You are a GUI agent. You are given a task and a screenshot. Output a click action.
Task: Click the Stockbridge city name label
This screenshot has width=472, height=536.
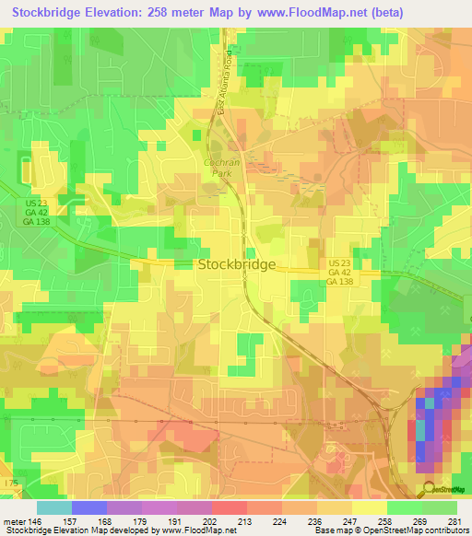pyautogui.click(x=236, y=264)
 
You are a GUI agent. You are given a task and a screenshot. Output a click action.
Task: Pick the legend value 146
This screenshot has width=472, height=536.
pyautogui.click(x=36, y=520)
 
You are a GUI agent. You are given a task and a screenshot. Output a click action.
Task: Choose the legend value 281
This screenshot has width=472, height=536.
pyautogui.click(x=456, y=520)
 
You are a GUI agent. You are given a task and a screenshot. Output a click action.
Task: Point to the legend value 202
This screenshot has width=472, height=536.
pyautogui.click(x=210, y=520)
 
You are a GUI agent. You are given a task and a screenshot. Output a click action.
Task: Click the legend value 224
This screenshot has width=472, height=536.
pyautogui.click(x=280, y=520)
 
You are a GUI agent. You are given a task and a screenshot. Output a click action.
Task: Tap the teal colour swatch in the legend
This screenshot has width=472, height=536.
pyautogui.click(x=53, y=507)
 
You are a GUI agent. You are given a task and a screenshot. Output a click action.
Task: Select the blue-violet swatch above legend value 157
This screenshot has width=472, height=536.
pyautogui.click(x=88, y=507)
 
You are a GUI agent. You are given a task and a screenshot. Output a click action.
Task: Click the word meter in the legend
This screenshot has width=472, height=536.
pyautogui.click(x=14, y=520)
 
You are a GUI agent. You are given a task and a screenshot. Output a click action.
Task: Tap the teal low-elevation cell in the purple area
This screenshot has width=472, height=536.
pyautogui.click(x=422, y=429)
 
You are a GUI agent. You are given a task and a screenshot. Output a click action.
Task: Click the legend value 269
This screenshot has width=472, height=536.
pyautogui.click(x=420, y=520)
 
